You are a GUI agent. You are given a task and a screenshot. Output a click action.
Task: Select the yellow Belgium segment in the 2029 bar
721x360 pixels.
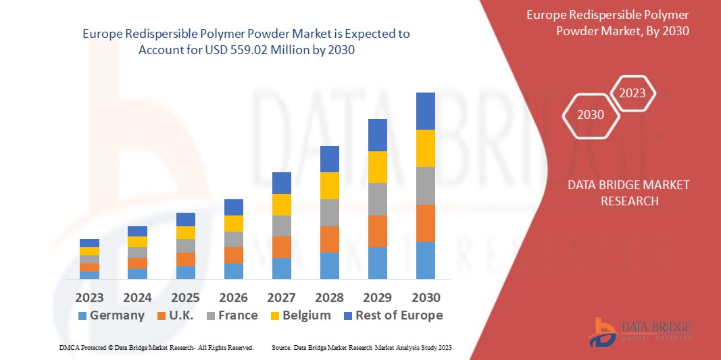click(x=377, y=167)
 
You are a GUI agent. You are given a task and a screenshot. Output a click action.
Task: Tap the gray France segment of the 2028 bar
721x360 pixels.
click(x=329, y=212)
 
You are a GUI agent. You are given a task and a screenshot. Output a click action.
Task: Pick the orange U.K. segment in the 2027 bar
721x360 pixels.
click(x=281, y=247)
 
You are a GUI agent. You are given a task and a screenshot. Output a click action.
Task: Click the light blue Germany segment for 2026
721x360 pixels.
click(x=233, y=271)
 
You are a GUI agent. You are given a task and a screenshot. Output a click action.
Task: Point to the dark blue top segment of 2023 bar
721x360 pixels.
click(x=89, y=243)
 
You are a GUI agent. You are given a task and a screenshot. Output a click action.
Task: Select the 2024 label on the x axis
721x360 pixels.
click(x=137, y=297)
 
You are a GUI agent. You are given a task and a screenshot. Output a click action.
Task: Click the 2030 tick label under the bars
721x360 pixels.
click(x=425, y=297)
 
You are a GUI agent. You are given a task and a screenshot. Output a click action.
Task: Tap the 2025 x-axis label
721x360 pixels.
click(x=185, y=297)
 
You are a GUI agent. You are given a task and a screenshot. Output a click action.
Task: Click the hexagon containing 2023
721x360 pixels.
click(x=632, y=93)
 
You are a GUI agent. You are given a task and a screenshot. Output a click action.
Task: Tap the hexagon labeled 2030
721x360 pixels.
click(x=591, y=115)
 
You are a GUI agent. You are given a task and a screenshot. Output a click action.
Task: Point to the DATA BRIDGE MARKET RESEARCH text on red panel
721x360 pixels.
click(x=628, y=192)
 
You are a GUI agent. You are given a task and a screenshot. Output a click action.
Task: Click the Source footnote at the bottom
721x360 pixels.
click(x=361, y=347)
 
